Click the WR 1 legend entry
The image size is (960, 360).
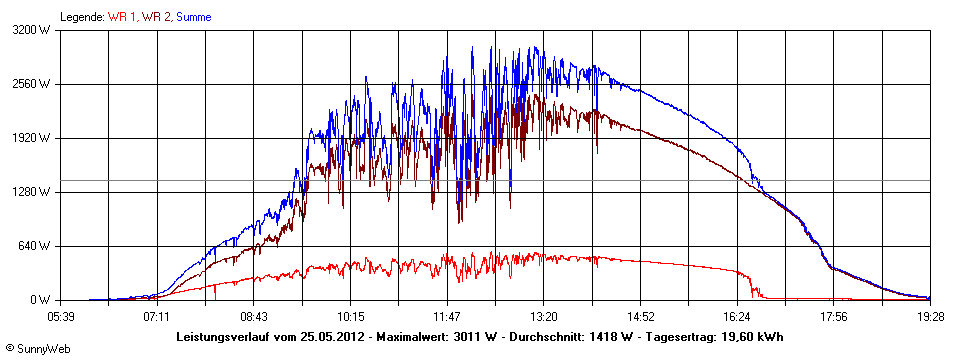121,17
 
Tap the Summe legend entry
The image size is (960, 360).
194,17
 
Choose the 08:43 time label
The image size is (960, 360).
254,315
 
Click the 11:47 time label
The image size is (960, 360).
447,315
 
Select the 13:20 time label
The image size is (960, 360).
544,315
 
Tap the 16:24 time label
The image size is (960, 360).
737,315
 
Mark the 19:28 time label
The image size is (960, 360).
930,315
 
